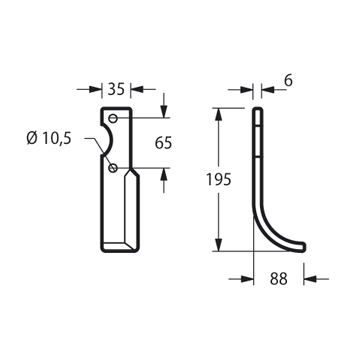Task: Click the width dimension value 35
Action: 116,89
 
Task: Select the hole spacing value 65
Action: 163,143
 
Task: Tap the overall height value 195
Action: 219,180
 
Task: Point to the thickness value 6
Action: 288,81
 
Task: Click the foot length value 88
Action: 279,279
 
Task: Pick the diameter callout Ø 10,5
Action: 49,138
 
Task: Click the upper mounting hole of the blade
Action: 113,118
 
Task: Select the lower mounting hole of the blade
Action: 113,168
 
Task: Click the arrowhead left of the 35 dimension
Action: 95,89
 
